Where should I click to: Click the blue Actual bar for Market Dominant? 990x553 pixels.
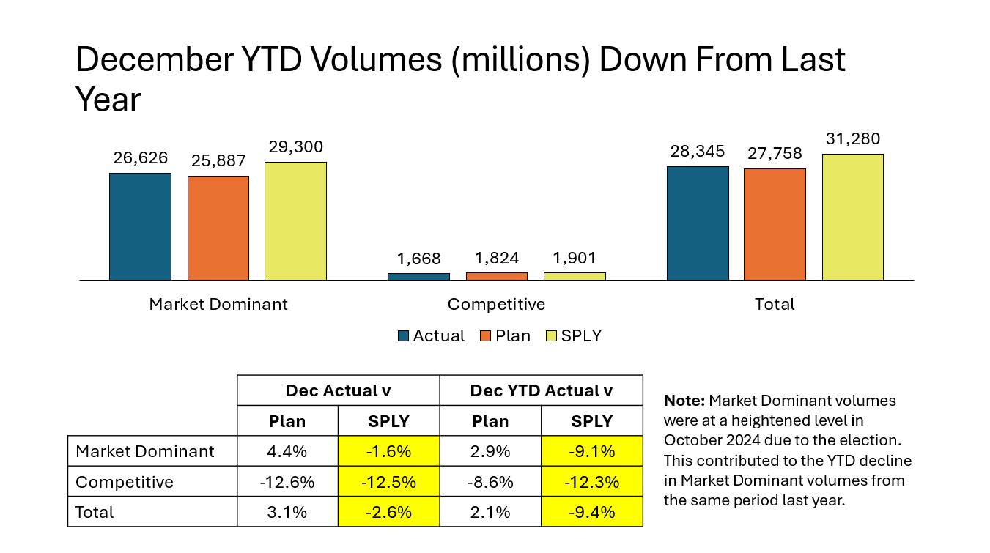pos(140,226)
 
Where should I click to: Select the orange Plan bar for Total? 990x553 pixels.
pos(775,224)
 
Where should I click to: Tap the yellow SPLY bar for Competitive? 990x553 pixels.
pos(575,276)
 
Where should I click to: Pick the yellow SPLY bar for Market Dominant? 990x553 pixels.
pos(295,221)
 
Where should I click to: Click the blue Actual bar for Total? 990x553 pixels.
pos(698,223)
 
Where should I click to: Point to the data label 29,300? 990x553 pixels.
pos(295,147)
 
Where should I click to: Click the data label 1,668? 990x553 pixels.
pos(419,259)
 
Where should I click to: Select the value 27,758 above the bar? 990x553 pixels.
pos(775,154)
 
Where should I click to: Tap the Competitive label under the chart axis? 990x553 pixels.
pos(496,304)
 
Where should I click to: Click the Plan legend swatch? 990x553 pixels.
pos(485,336)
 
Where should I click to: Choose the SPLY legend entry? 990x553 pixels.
pos(574,336)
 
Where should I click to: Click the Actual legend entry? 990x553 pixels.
pos(431,336)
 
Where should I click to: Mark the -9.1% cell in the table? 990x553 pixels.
pos(591,451)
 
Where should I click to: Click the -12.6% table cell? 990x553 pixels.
pos(287,482)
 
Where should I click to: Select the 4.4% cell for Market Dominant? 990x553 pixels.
pos(287,451)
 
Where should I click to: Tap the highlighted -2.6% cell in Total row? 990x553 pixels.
pos(388,512)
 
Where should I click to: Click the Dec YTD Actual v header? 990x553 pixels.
pos(541,390)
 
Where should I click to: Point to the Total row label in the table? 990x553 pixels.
pos(95,512)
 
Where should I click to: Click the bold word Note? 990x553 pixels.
pos(684,401)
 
